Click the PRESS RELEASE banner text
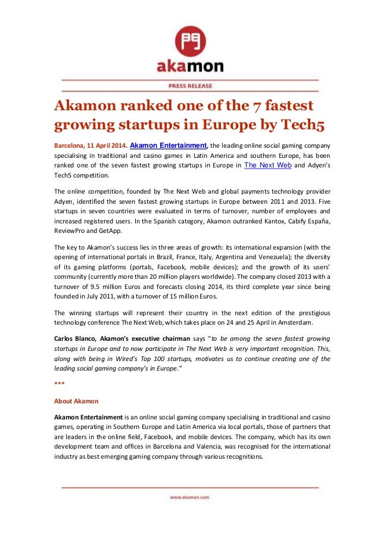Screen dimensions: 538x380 point(190,85)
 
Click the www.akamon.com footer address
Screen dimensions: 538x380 point(190,496)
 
